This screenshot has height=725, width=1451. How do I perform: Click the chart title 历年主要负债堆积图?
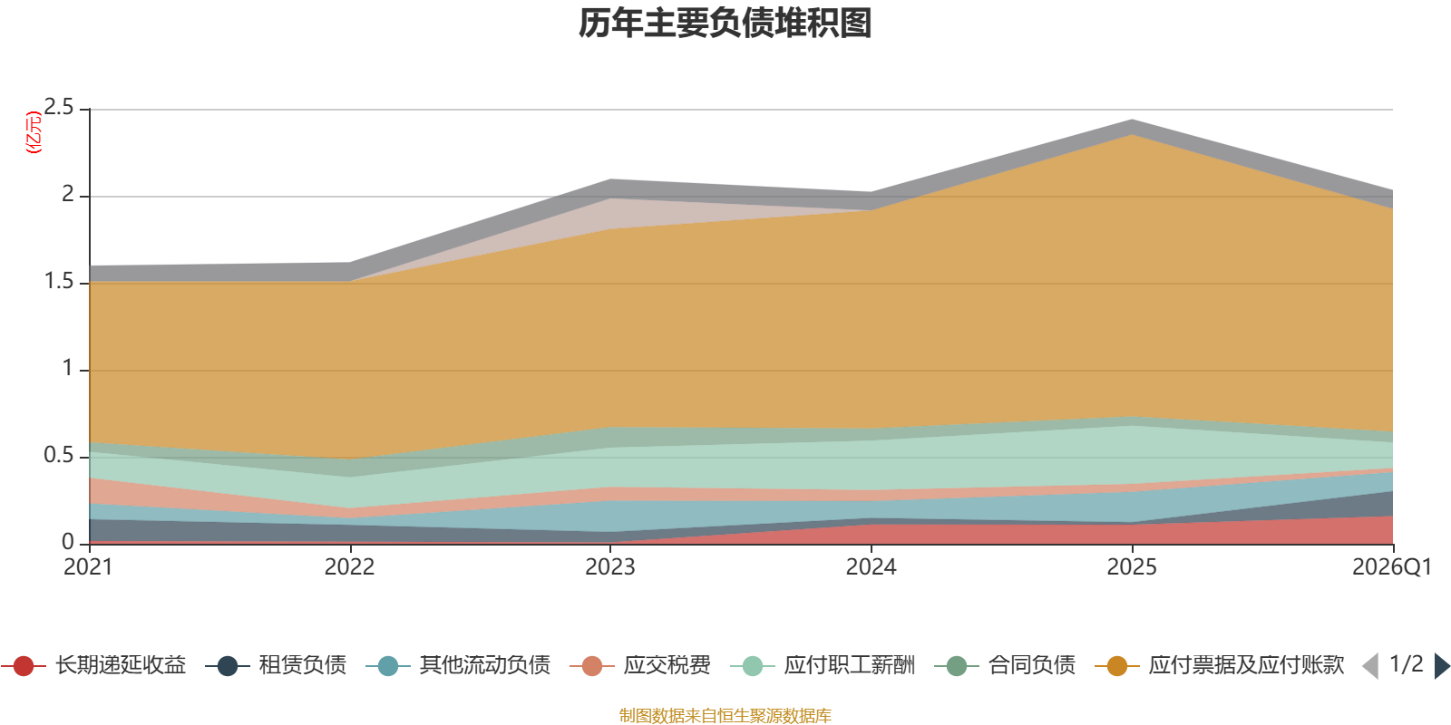point(725,24)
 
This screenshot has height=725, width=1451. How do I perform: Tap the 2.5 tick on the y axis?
point(59,108)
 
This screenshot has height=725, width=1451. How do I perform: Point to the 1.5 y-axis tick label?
point(59,281)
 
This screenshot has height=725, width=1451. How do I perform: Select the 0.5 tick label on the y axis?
point(59,455)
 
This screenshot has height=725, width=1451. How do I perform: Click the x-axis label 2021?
point(88,567)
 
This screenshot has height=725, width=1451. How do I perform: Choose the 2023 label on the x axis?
point(610,567)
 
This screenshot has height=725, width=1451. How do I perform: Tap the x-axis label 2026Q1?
point(1392,567)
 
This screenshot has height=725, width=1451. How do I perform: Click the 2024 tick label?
point(872,567)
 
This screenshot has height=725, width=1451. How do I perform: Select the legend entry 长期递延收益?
point(94,665)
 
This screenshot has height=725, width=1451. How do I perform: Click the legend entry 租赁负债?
point(276,665)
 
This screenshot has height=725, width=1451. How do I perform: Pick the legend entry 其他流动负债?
point(458,665)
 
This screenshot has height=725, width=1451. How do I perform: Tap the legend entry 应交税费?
point(640,665)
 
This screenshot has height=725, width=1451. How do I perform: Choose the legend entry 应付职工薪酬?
point(823,665)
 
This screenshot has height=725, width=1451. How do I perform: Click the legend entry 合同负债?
point(1006,665)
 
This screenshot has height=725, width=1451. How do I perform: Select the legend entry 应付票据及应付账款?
point(1219,665)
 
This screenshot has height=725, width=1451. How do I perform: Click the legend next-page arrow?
point(1442,665)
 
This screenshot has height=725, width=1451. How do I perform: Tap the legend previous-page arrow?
point(1370,665)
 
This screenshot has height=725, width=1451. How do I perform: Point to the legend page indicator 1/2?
point(1407,664)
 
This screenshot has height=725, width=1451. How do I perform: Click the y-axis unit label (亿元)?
point(34,132)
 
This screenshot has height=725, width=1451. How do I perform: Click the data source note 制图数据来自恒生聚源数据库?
point(725,715)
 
